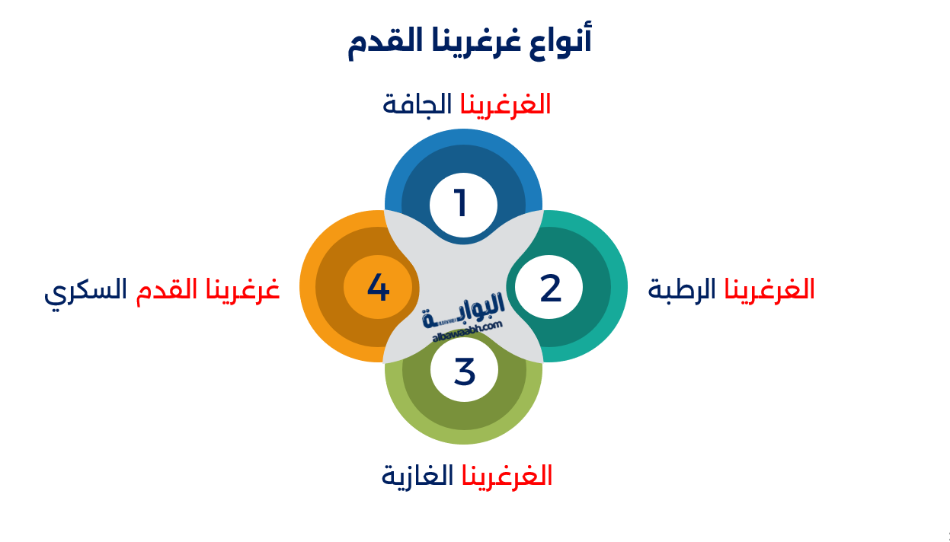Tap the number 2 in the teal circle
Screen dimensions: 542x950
pos(550,289)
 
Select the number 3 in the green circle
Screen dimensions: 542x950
pos(464,371)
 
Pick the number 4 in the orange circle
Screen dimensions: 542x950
pos(378,288)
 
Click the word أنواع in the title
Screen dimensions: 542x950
pos(565,40)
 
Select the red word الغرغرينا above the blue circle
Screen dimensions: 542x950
pos(505,104)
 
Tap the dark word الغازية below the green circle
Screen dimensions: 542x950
pos(417,476)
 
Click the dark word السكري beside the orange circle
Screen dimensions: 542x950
pos(85,291)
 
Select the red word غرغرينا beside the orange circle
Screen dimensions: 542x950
pos(242,290)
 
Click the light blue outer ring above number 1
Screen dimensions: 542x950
pos(463,136)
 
